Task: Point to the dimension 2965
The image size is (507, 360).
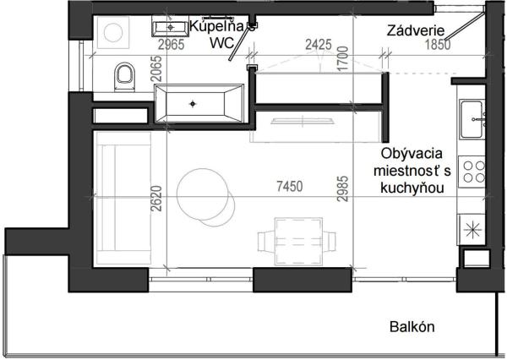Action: pos(172,45)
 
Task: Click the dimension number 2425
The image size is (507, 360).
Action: pos(319,45)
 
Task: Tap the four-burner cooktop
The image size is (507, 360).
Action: pos(471,170)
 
